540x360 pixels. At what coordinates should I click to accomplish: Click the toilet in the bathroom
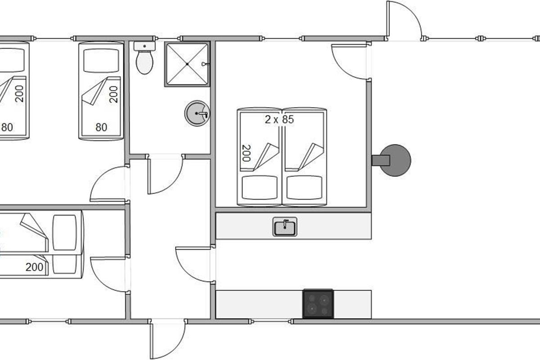pyautogui.click(x=144, y=62)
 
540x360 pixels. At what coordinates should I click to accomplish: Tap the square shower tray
pyautogui.click(x=187, y=64)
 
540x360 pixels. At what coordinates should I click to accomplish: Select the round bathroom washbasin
pyautogui.click(x=197, y=113)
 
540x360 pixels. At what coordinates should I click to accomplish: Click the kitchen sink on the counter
pyautogui.click(x=285, y=226)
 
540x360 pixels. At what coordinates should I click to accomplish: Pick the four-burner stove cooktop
pyautogui.click(x=318, y=304)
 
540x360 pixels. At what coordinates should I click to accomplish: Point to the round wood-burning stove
pyautogui.click(x=396, y=160)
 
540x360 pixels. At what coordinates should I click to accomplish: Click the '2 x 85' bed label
pyautogui.click(x=279, y=120)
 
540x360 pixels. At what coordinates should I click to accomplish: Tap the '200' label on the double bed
pyautogui.click(x=246, y=153)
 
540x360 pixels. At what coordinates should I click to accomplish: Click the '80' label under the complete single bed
pyautogui.click(x=101, y=127)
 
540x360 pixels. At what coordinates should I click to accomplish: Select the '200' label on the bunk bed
pyautogui.click(x=34, y=267)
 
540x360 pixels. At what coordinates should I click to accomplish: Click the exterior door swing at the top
pyautogui.click(x=404, y=20)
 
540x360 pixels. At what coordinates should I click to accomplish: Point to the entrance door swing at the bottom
pyautogui.click(x=168, y=340)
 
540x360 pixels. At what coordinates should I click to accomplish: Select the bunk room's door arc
pyautogui.click(x=108, y=274)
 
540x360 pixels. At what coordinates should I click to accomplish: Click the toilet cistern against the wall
pyautogui.click(x=144, y=46)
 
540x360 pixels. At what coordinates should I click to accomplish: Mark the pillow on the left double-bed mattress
pyautogui.click(x=259, y=188)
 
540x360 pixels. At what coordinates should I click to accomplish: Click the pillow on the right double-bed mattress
pyautogui.click(x=304, y=188)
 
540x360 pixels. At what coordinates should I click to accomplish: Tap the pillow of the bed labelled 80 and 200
pyautogui.click(x=101, y=60)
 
